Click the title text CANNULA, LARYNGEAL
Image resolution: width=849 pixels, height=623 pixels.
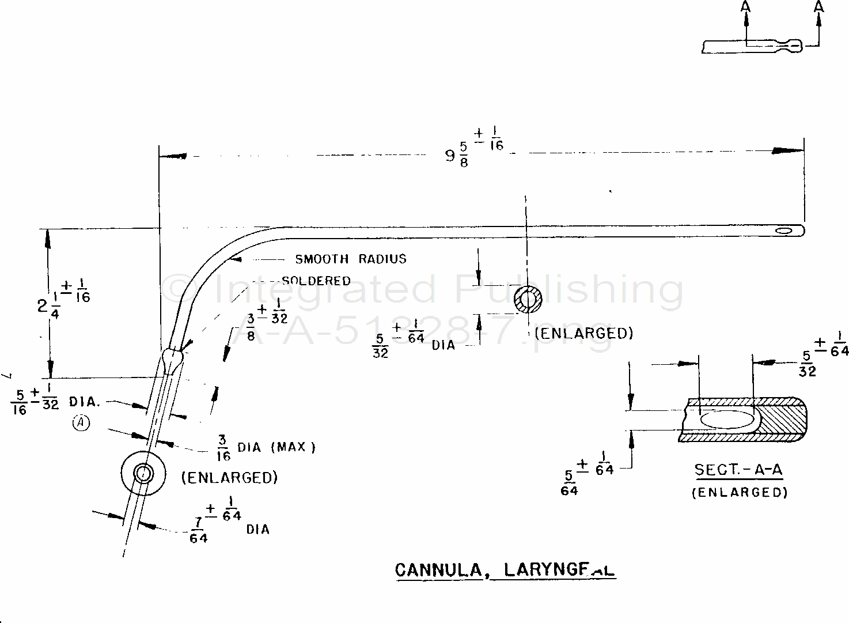(505, 570)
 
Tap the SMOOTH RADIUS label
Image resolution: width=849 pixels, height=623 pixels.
(350, 259)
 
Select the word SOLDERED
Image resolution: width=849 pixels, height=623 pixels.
(316, 281)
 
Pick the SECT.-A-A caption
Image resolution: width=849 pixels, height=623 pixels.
(738, 470)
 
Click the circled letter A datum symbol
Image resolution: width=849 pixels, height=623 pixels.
(82, 423)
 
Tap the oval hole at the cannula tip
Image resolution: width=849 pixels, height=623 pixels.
(783, 231)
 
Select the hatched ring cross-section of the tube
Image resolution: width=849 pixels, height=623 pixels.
(528, 299)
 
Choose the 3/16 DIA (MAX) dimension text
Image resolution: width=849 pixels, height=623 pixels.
(266, 447)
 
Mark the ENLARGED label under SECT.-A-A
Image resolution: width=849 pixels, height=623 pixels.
(740, 492)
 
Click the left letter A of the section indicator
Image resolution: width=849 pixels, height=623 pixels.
(746, 7)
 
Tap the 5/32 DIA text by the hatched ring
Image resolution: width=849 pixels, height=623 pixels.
(412, 341)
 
